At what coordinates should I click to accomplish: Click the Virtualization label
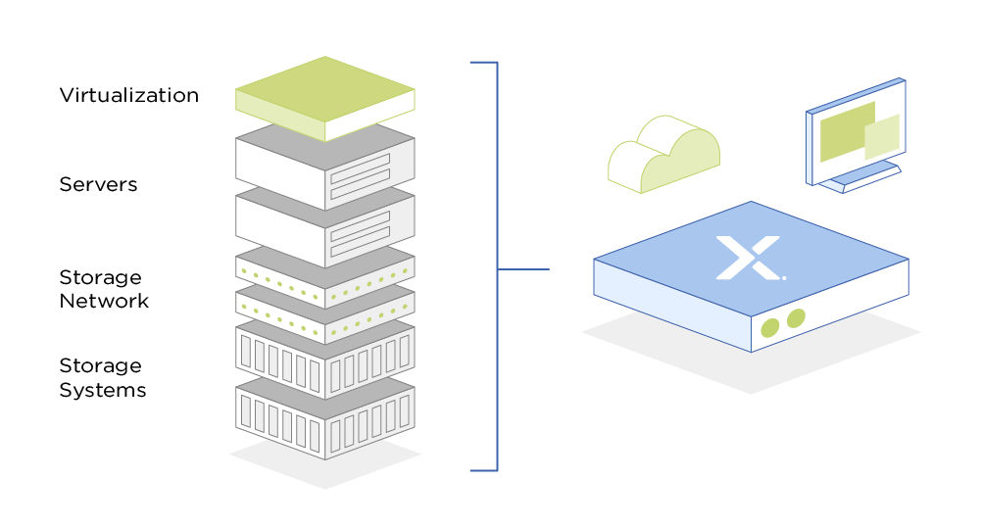coord(128,95)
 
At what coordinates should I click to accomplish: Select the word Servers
coord(97,184)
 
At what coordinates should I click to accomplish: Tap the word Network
coord(104,301)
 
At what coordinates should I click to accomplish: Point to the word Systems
coord(103,390)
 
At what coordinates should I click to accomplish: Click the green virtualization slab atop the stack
coord(324,93)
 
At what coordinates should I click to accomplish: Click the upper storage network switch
coord(324,269)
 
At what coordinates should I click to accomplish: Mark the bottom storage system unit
coord(324,417)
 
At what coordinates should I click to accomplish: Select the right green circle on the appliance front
coord(796,317)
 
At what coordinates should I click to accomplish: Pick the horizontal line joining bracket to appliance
coord(523,268)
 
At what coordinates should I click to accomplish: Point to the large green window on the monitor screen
coord(846,130)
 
